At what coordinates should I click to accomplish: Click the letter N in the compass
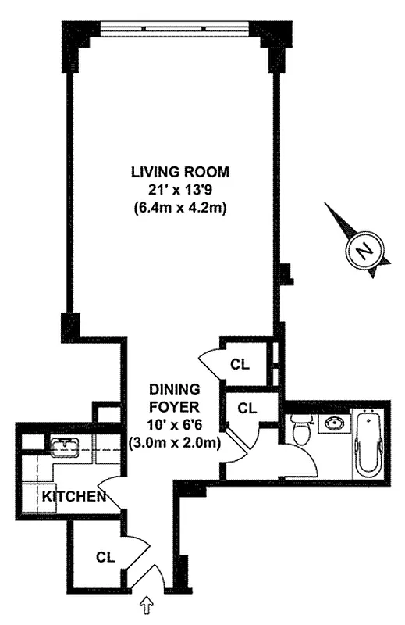[362, 252]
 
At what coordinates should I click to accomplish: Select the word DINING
[176, 388]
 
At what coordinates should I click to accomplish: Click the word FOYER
[176, 406]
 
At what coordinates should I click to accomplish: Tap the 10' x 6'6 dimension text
[176, 425]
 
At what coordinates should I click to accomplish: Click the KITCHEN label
[74, 497]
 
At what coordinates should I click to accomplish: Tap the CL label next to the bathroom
[247, 407]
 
